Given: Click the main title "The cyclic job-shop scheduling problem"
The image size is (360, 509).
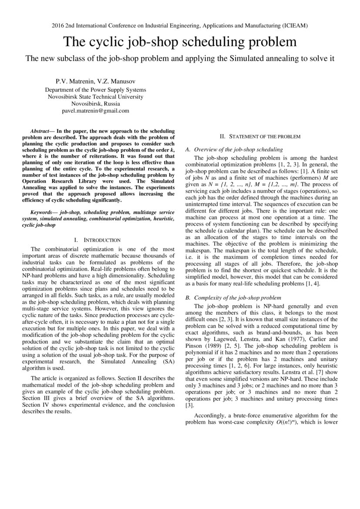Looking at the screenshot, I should coord(180,42).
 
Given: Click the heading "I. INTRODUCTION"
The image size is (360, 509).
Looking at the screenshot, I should coord(96,240).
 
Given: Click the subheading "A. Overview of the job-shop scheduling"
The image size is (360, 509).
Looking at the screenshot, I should coord(234,149).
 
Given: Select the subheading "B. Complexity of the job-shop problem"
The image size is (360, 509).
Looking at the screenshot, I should coord(233,298).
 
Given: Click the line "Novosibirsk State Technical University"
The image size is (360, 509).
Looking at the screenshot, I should coord(95,97).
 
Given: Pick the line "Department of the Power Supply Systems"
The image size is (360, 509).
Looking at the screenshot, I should coord(95,90).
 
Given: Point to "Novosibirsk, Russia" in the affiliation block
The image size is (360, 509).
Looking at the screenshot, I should coord(95,104).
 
